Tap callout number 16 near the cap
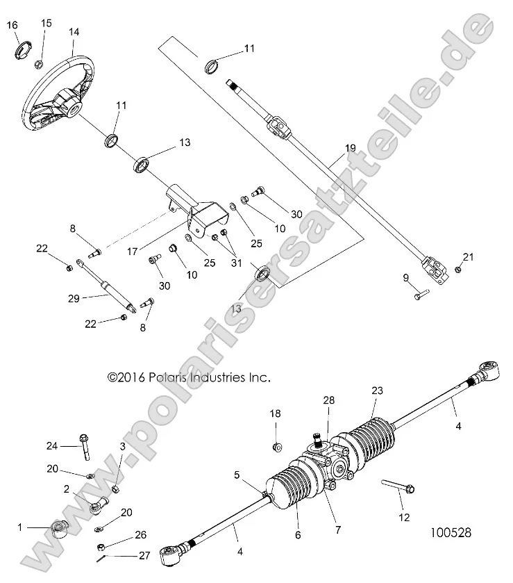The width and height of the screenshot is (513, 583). tap(12, 26)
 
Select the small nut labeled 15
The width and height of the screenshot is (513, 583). tap(40, 65)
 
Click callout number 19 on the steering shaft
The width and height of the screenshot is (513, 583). tap(349, 149)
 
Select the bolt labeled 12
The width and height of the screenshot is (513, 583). tap(398, 487)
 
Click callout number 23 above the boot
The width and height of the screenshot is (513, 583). tap(377, 391)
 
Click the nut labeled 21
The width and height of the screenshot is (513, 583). tap(459, 270)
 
